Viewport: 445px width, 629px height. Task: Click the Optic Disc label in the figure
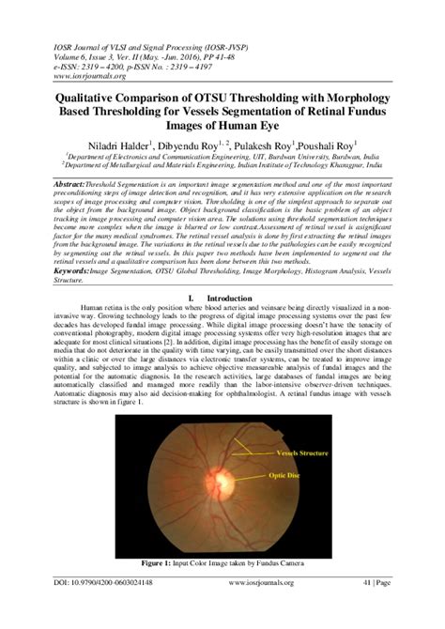click(x=293, y=476)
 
